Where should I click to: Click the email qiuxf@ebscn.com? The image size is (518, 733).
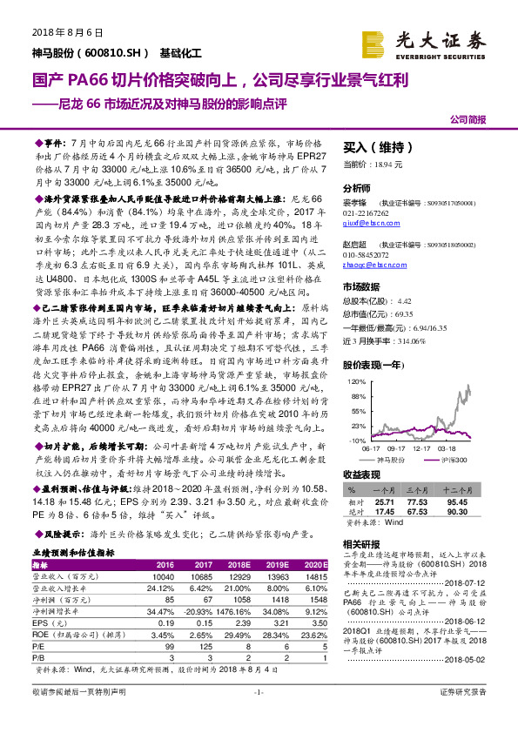tap(364, 223)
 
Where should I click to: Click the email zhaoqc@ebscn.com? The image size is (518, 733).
tap(367, 264)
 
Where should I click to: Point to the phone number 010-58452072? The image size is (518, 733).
tap(367, 254)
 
